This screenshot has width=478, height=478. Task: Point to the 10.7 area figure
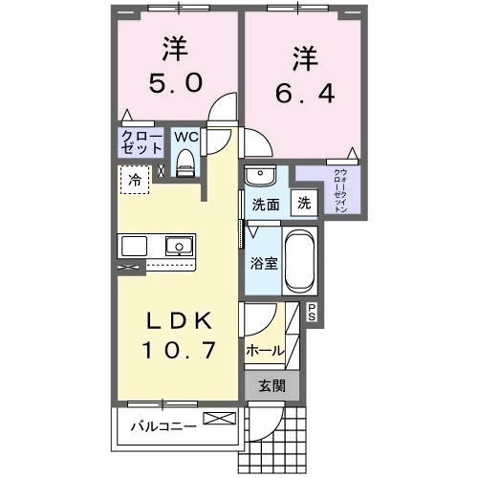[x=178, y=351]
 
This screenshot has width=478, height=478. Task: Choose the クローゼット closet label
[x=141, y=142]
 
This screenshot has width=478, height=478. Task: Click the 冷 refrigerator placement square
[x=135, y=180]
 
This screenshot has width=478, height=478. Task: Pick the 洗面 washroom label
[x=265, y=204]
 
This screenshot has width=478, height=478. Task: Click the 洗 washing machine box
[x=303, y=203]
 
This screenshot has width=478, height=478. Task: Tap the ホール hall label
[x=265, y=350]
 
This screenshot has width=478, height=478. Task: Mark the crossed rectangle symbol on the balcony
[x=217, y=419]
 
